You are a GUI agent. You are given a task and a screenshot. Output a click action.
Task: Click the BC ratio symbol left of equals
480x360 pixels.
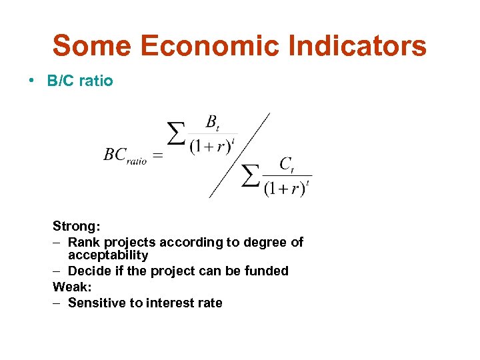(x=125, y=155)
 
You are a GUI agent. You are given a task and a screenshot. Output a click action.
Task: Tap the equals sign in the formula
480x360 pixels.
(x=158, y=156)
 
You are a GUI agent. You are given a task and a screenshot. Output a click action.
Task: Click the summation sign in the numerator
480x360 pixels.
(x=176, y=134)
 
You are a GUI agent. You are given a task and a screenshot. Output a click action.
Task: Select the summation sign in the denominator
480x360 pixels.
(x=250, y=175)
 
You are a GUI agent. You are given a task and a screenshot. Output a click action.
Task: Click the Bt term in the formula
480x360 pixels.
(x=212, y=122)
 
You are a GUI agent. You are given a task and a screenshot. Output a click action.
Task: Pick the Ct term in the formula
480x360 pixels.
(x=287, y=164)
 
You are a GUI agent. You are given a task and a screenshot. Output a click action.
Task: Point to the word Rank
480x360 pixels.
(x=83, y=242)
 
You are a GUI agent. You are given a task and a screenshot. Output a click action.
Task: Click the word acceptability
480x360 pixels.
(x=108, y=255)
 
